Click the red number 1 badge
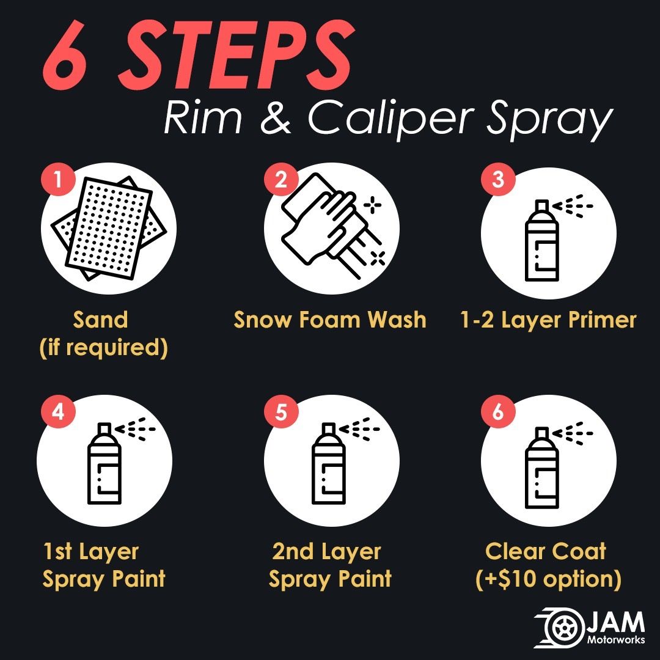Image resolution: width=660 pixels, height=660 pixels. (x=58, y=179)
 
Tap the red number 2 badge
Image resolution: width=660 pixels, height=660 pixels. (x=281, y=179)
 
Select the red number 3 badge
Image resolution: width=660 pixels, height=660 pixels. (x=498, y=179)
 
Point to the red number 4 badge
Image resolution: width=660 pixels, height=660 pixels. (x=58, y=411)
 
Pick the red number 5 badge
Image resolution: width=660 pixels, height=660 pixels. (x=281, y=411)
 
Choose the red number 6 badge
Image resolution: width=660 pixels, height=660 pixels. (x=498, y=411)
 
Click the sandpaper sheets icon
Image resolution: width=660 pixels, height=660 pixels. (x=109, y=228)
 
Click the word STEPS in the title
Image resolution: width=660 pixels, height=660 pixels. (x=237, y=55)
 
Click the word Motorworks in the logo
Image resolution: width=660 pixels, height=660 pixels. (x=616, y=640)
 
